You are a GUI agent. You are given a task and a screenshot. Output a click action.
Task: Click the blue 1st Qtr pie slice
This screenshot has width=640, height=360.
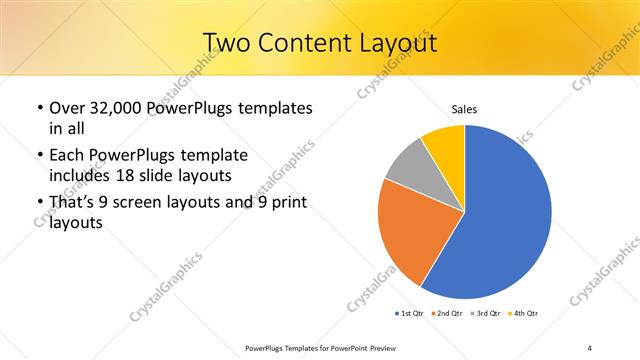point(505,220)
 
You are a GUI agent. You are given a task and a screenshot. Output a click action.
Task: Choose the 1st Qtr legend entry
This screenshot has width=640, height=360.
point(410,314)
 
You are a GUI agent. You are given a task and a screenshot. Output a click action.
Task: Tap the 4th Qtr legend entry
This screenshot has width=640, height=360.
point(525,314)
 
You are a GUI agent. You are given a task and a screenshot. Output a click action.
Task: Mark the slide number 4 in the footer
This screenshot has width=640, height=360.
point(590,347)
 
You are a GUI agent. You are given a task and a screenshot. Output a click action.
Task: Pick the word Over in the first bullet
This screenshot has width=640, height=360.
point(68,108)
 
